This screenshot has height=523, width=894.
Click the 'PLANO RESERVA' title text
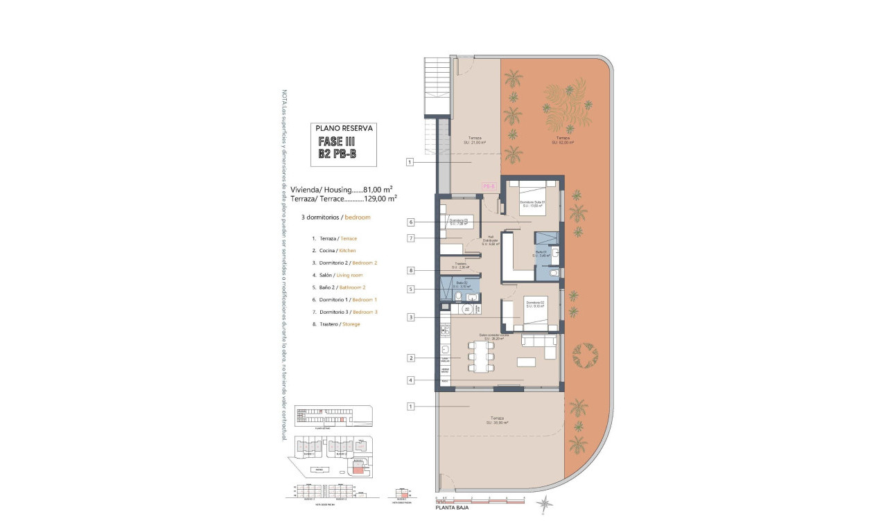[x=344, y=128]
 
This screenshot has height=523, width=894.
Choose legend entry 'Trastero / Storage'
[x=336, y=324]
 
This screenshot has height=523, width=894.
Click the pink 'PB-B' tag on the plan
[x=489, y=186]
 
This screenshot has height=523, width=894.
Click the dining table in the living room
[x=482, y=358]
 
